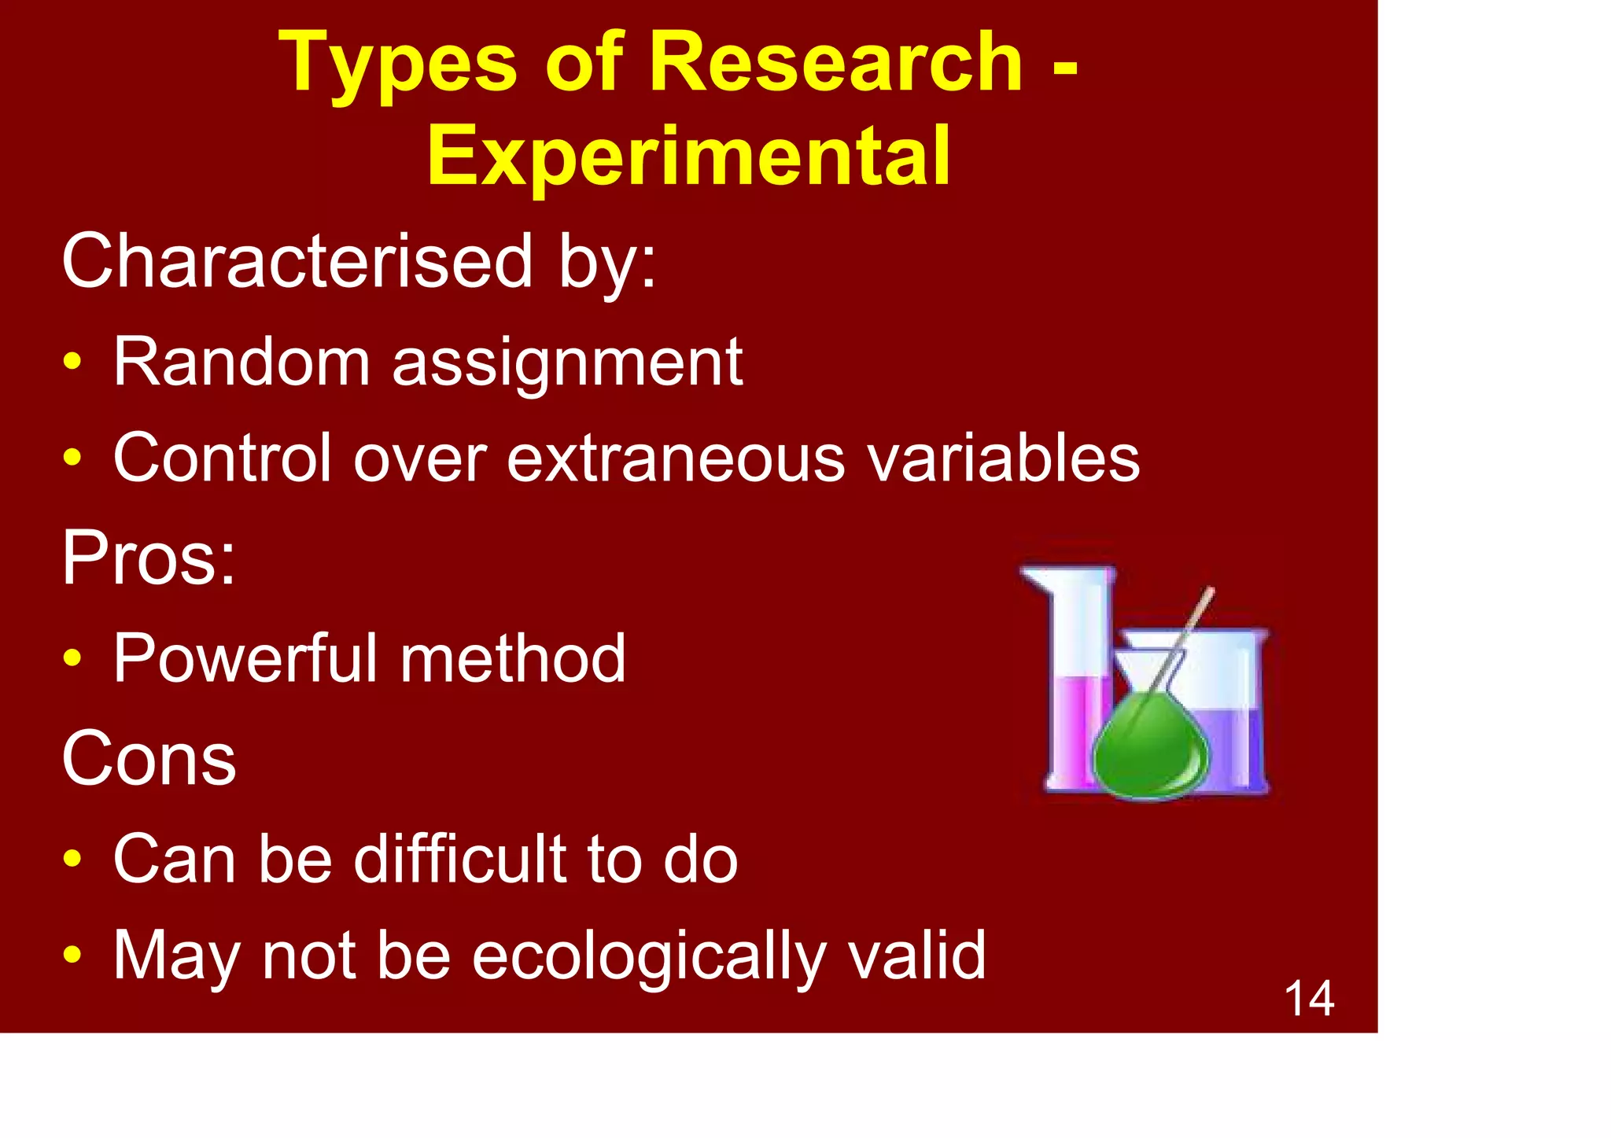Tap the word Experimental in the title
click(688, 157)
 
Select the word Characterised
click(298, 261)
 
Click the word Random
click(241, 362)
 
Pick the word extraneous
click(676, 459)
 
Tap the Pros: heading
click(149, 557)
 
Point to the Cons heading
click(149, 758)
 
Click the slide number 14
click(1309, 999)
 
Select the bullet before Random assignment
click(72, 363)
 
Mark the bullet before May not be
click(72, 956)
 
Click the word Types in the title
click(398, 64)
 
